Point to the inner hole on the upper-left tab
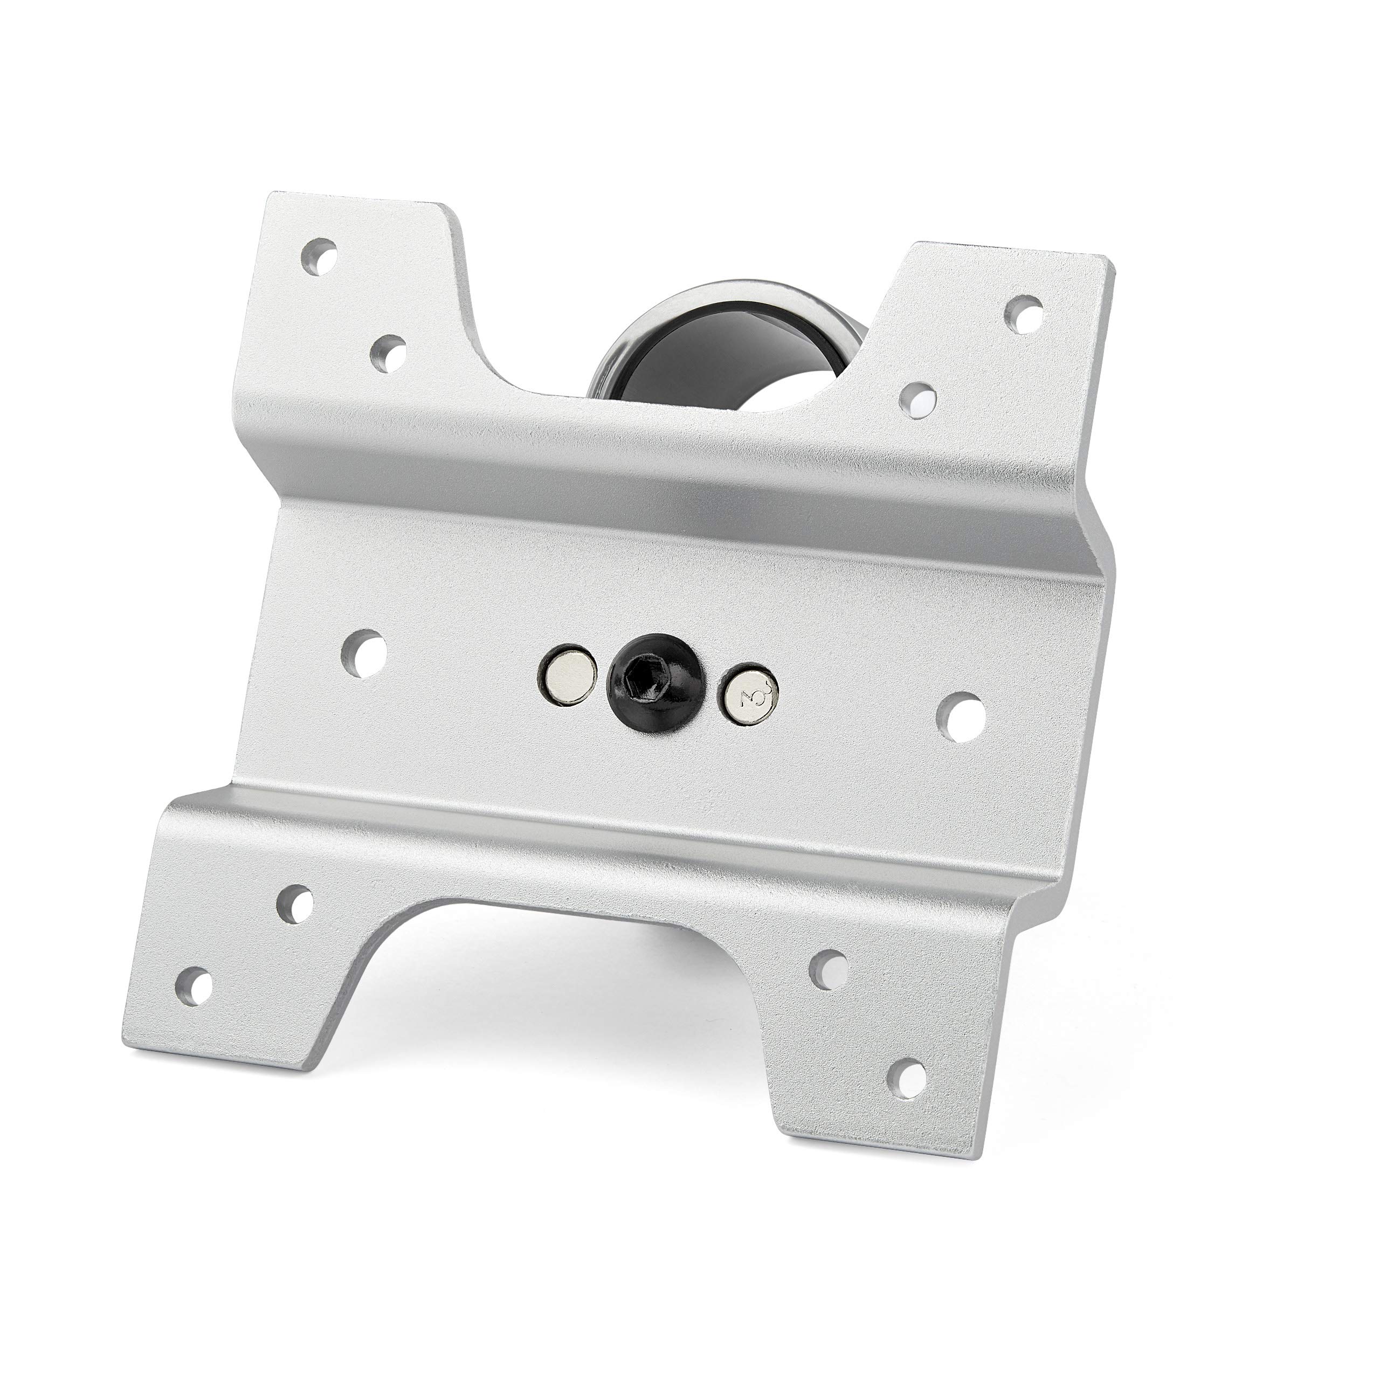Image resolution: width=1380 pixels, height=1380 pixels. (388, 351)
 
